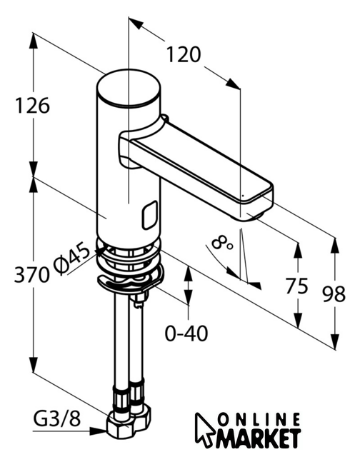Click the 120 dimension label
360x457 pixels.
(184, 54)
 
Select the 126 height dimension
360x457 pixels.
(32, 106)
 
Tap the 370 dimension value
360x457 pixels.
(31, 274)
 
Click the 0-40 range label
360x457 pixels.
(186, 333)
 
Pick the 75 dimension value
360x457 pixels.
(296, 286)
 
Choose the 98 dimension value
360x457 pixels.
(334, 293)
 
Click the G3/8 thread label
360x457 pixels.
(56, 419)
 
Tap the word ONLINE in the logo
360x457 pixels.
(259, 420)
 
